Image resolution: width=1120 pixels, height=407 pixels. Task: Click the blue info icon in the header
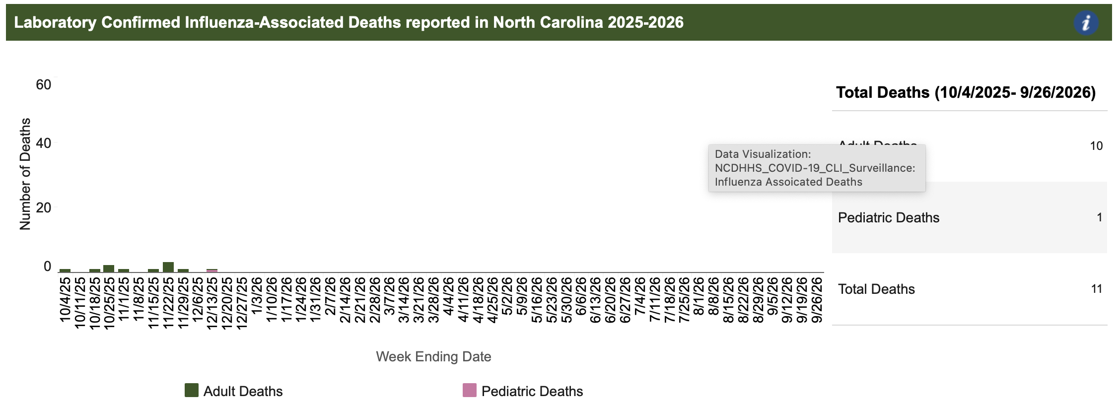(x=1086, y=23)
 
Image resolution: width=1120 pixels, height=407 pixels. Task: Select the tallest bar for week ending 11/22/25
(x=168, y=267)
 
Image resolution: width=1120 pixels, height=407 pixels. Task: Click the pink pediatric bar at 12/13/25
(x=212, y=271)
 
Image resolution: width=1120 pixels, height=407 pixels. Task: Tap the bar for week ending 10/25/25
(x=109, y=269)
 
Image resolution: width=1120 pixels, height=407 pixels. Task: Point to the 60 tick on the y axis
(x=44, y=85)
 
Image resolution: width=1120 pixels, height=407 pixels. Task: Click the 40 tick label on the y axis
(x=44, y=143)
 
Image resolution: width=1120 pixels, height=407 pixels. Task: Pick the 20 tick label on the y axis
(x=44, y=208)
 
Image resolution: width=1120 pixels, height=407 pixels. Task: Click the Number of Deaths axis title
(x=25, y=174)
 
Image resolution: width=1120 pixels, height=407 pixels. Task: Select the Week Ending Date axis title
(x=433, y=356)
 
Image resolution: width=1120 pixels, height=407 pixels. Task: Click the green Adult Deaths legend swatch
(x=191, y=390)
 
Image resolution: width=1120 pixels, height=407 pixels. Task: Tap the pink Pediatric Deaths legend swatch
(x=469, y=390)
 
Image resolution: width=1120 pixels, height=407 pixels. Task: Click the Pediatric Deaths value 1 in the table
(x=1099, y=217)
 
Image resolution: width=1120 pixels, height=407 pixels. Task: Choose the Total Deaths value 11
(x=1096, y=289)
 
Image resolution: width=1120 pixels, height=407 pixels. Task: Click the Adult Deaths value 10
(x=1096, y=146)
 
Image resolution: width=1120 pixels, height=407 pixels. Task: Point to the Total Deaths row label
(x=876, y=289)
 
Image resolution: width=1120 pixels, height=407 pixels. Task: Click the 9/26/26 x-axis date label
(x=817, y=300)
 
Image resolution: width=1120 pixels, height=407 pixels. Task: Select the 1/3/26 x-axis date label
(x=257, y=300)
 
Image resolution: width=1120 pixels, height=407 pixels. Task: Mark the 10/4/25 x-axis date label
(x=65, y=300)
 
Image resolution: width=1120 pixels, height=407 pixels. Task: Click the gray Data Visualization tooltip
(x=817, y=168)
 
